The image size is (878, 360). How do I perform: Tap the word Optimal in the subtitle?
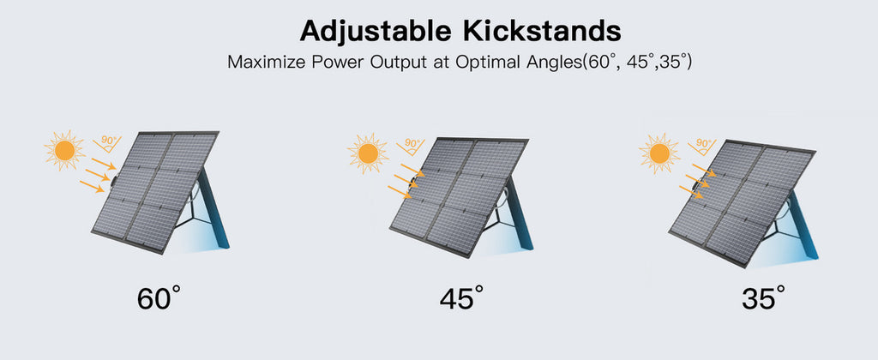coord(486,63)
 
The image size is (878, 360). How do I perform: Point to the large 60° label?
coord(159,297)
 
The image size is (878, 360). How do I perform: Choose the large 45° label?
coord(461,297)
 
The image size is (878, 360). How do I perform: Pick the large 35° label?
coord(764,297)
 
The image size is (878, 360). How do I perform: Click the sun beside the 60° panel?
coord(65,150)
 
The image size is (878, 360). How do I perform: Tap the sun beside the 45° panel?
coord(368,153)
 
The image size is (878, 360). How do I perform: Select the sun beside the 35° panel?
coord(659,153)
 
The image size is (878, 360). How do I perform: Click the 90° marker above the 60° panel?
coord(107,144)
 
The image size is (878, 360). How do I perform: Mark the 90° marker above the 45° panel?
coord(411,147)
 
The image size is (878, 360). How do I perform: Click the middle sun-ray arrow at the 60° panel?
coord(98,174)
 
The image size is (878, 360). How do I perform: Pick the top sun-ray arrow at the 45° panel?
coord(412,171)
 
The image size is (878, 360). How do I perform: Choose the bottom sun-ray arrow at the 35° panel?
coord(692,192)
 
